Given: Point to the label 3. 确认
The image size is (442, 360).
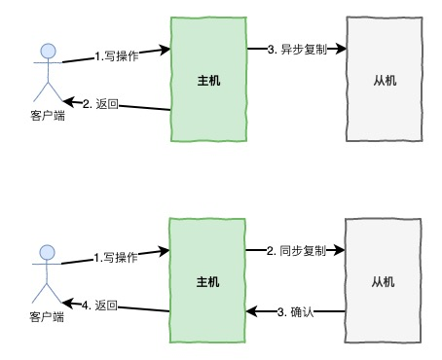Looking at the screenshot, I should click(296, 311).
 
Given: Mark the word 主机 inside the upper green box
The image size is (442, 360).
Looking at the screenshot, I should click(207, 81).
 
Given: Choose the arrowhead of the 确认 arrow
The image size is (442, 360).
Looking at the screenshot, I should click(249, 311).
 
